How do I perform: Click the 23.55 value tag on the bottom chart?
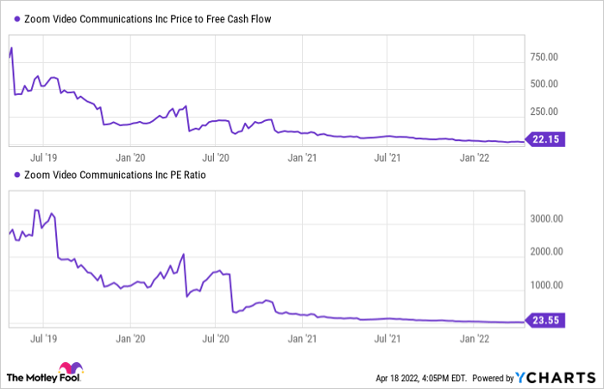click(546, 322)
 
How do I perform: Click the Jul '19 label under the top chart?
click(44, 158)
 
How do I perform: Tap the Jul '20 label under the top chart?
click(216, 158)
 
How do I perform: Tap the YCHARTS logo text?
click(556, 377)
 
